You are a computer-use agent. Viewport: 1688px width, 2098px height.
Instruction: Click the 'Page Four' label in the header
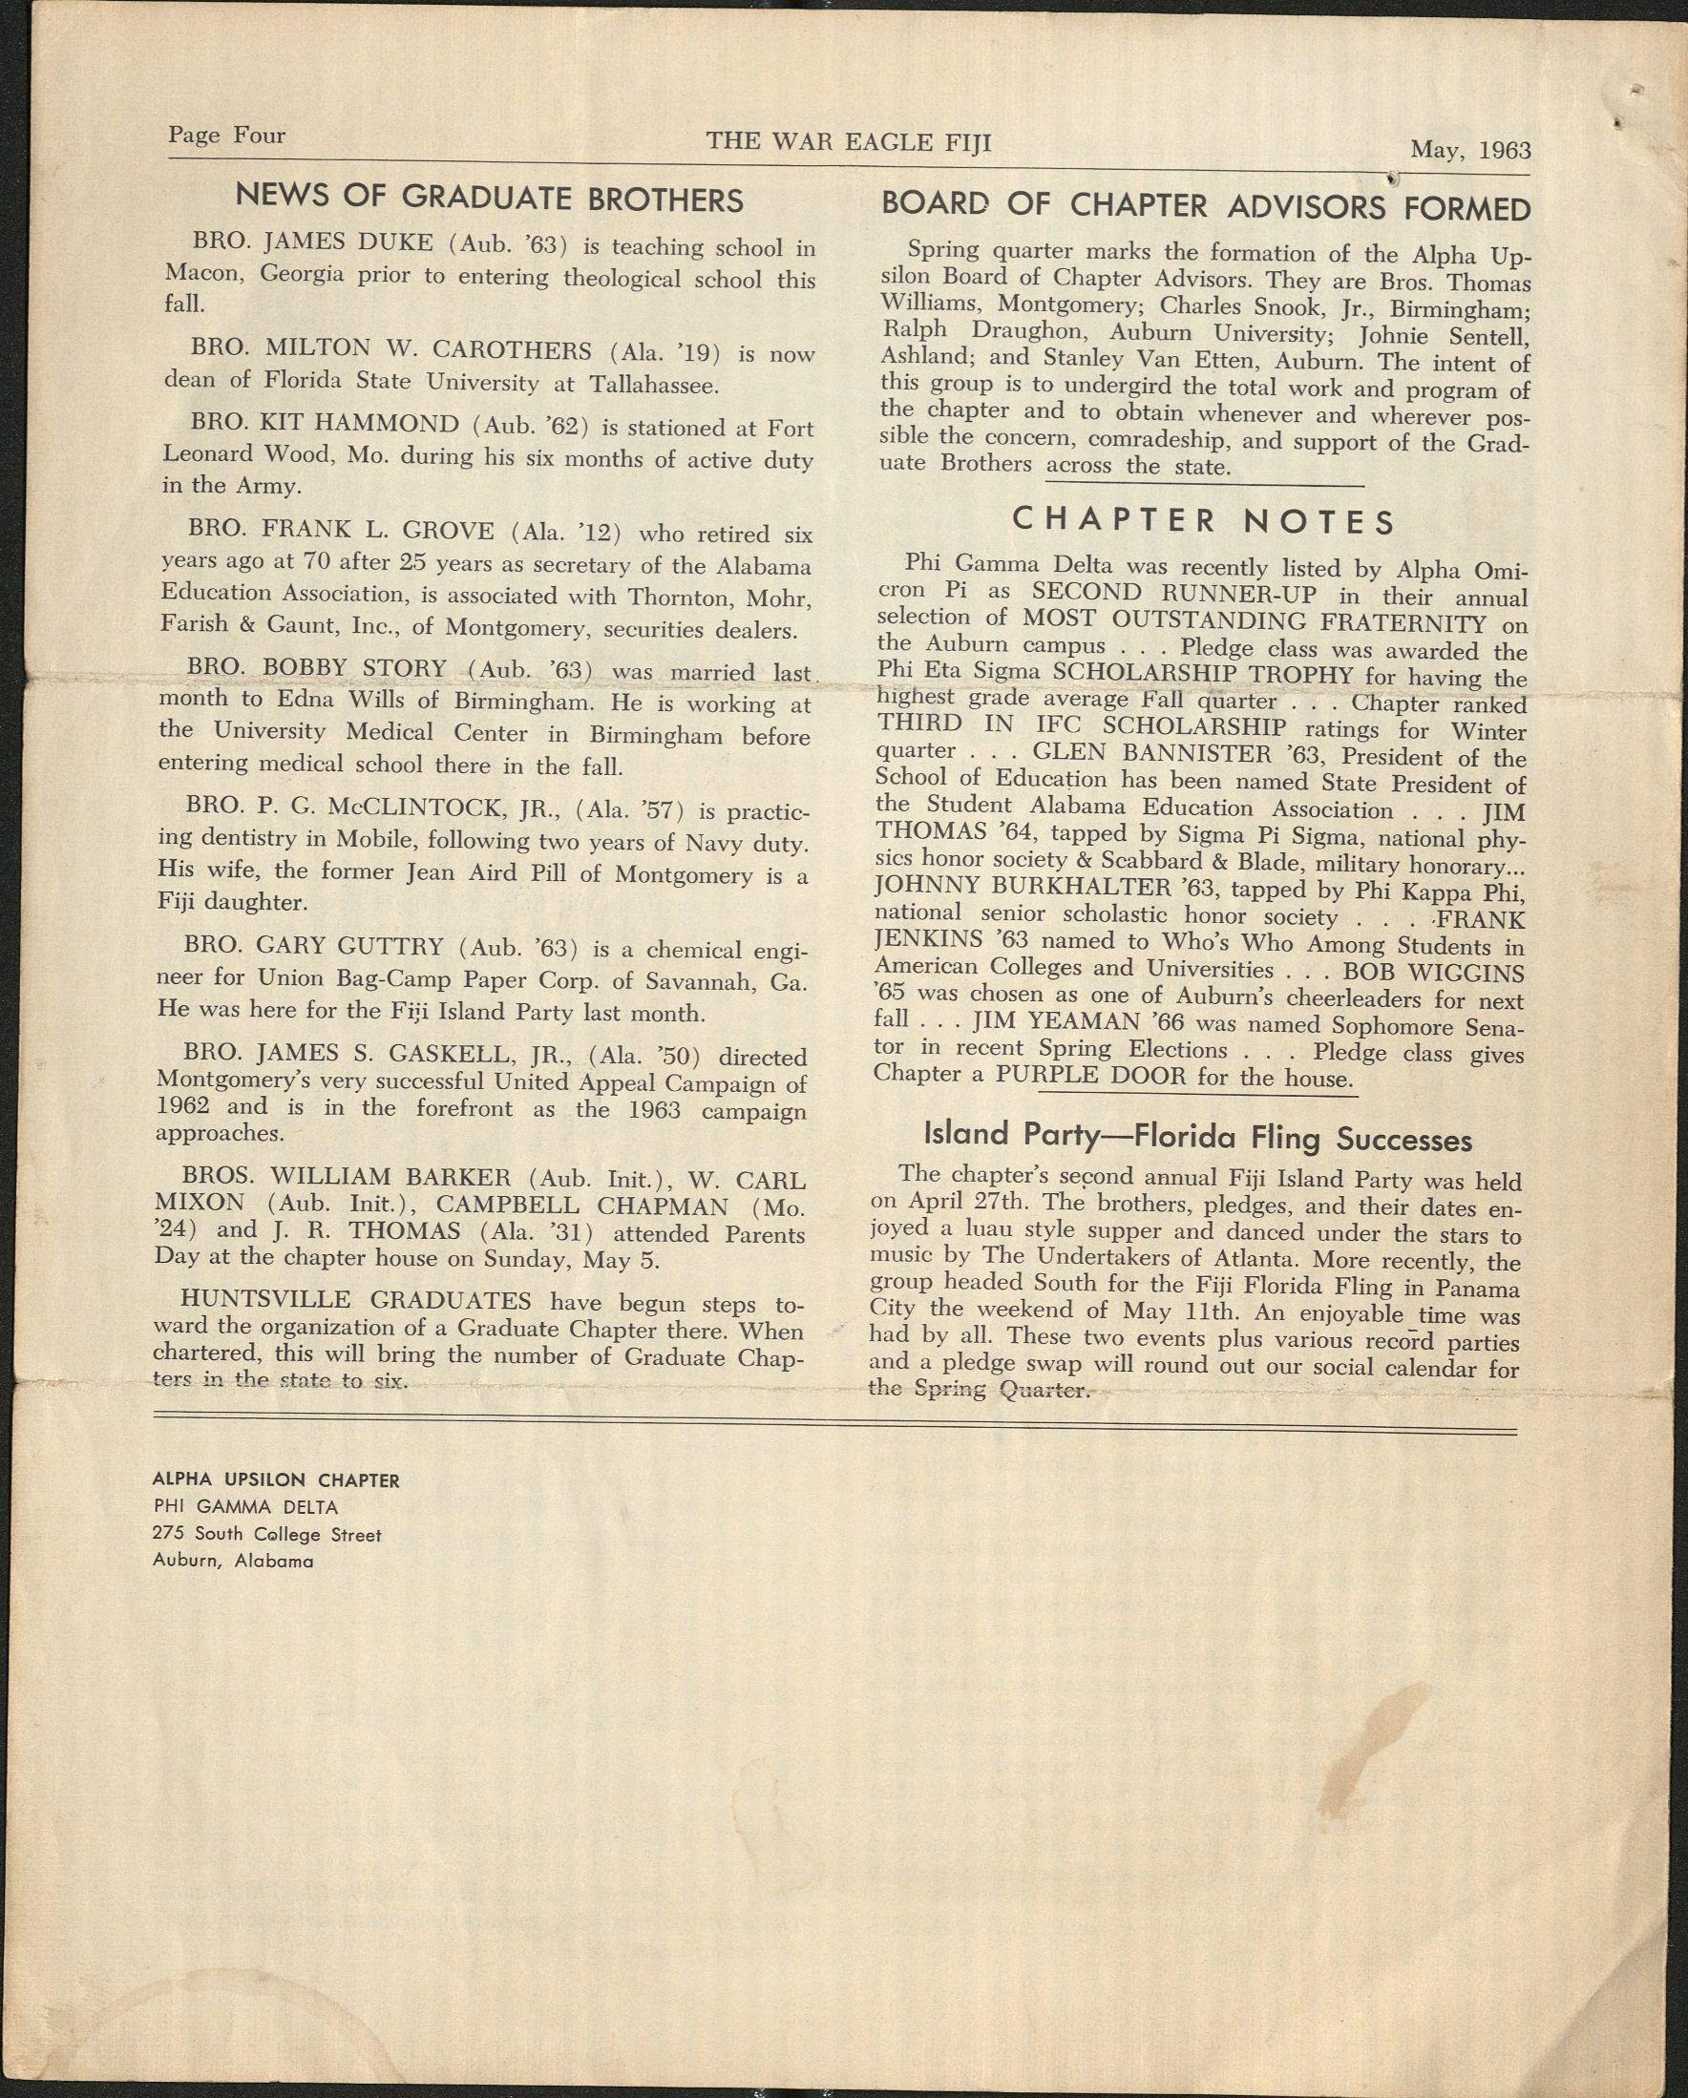point(226,136)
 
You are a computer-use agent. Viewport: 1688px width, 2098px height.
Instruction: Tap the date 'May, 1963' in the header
point(1470,150)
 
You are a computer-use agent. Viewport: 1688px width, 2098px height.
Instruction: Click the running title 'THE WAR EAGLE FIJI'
point(849,142)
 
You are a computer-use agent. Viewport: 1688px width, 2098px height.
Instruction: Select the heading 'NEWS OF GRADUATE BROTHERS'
point(489,199)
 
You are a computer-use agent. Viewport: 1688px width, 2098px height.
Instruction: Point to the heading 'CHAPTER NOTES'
point(1204,521)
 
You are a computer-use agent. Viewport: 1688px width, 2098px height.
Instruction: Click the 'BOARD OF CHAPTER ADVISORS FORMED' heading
point(1205,207)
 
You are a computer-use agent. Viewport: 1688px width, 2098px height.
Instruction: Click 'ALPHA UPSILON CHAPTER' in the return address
point(276,1480)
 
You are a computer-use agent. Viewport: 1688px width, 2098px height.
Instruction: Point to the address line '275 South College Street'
point(266,1535)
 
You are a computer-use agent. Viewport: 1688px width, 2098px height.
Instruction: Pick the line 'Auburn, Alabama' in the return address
point(233,1561)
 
